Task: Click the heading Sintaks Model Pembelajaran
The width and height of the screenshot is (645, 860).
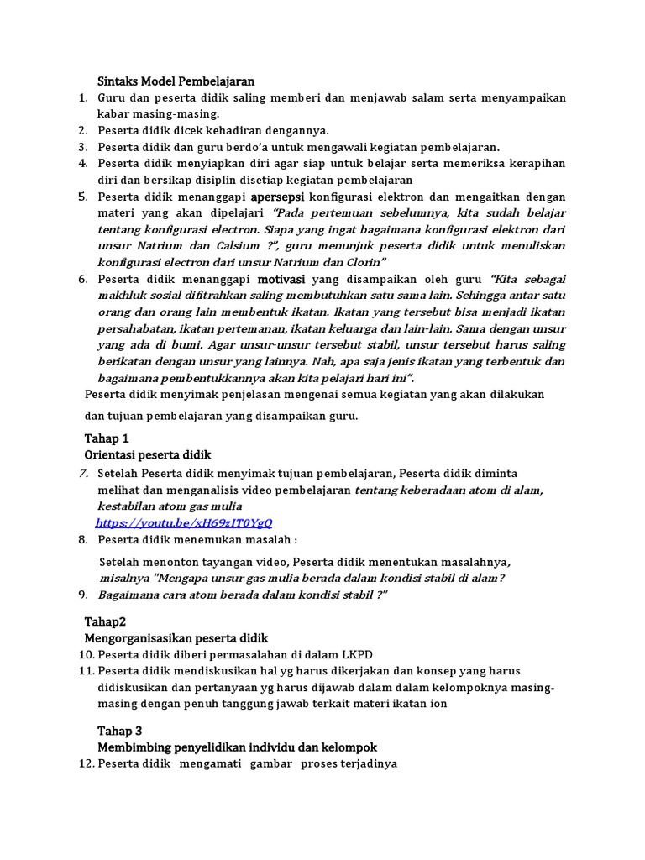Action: coord(176,81)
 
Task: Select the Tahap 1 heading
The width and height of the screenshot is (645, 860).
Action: coord(107,438)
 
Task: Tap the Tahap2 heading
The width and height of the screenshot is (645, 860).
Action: coord(105,621)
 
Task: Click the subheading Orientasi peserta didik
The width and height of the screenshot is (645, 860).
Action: coord(149,455)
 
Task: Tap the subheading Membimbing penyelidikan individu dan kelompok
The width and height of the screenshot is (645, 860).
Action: coord(238,747)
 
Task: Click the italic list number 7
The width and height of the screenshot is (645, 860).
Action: coord(83,473)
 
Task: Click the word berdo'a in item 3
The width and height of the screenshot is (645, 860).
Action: coord(242,147)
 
